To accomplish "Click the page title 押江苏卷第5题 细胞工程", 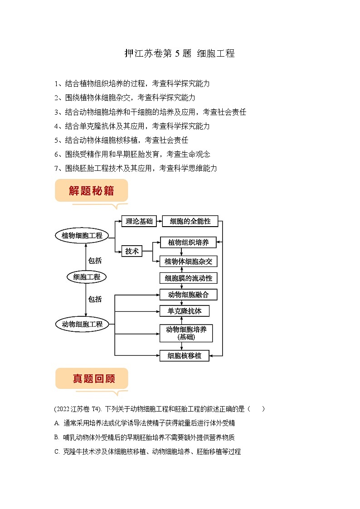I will click(x=180, y=53).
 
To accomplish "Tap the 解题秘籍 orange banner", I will click(x=91, y=191).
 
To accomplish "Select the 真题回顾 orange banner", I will click(x=92, y=378).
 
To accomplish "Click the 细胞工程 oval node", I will click(x=87, y=277).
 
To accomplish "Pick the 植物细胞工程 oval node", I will click(x=82, y=236).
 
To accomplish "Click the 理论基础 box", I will click(x=139, y=221).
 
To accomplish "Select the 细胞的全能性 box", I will click(x=190, y=221).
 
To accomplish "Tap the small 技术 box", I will click(x=132, y=251).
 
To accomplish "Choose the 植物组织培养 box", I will click(x=188, y=242).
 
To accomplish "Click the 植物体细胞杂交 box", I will click(x=188, y=262).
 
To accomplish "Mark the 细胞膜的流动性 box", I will click(x=188, y=278).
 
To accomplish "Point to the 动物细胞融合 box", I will click(x=188, y=295).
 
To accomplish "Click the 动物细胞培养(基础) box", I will click(x=186, y=333).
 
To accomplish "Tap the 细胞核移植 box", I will click(x=185, y=355).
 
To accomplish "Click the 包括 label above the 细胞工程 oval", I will click(x=95, y=261).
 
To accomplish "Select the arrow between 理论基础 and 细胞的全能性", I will click(x=159, y=221).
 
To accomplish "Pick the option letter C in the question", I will click(x=56, y=451).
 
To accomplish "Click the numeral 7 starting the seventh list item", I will click(x=56, y=168).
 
